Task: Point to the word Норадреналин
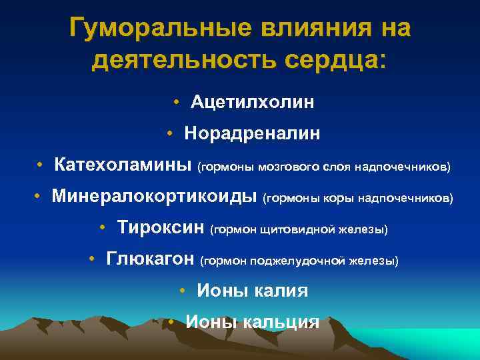(x=253, y=134)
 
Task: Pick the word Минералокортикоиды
(x=155, y=197)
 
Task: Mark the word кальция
(x=281, y=322)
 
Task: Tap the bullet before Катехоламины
(x=41, y=165)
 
